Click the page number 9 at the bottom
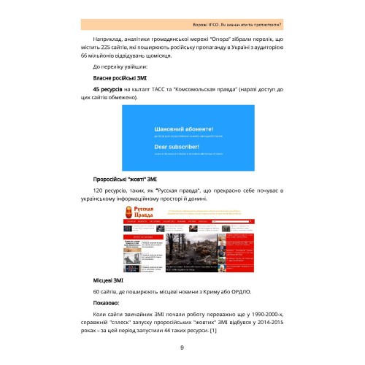coord(182,347)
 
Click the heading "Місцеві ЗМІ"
coord(108,280)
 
